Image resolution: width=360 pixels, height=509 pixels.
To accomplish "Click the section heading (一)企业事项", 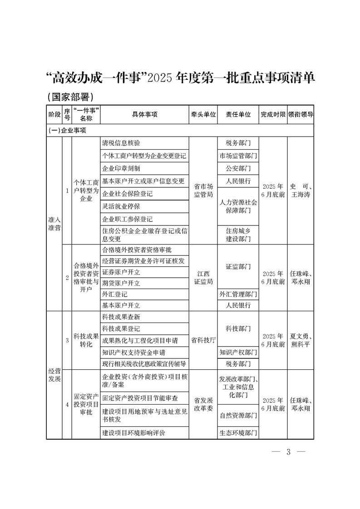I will coord(68,130).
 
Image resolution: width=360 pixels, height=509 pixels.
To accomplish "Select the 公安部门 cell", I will coord(238,168).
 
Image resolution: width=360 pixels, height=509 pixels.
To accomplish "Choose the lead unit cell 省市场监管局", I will coord(203,191).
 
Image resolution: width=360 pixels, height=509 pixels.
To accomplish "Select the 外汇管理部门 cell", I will coord(238,294).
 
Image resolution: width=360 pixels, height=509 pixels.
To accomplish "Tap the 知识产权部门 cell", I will coord(238,352).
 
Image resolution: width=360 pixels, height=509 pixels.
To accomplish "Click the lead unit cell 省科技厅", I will coord(203,340).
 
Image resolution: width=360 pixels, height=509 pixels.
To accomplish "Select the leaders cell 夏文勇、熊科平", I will coord(301,340).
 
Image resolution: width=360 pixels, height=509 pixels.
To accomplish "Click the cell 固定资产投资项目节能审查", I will coord(140,398).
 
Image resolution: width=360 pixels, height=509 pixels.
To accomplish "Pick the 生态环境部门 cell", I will coord(238,433).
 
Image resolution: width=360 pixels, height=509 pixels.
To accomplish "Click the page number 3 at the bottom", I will coord(288,452).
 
